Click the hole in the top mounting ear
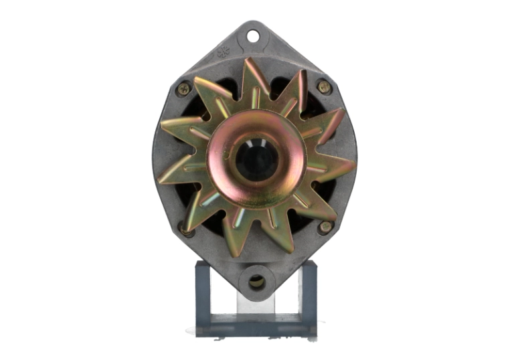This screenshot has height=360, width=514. [x=253, y=36]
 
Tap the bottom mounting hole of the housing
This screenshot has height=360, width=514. [x=256, y=281]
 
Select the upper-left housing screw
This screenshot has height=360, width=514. [x=183, y=88]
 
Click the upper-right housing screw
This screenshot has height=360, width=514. [x=324, y=87]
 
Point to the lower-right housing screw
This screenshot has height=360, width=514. [x=325, y=228]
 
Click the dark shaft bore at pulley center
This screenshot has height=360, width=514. [x=256, y=161]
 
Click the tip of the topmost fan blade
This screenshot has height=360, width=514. [x=249, y=62]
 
